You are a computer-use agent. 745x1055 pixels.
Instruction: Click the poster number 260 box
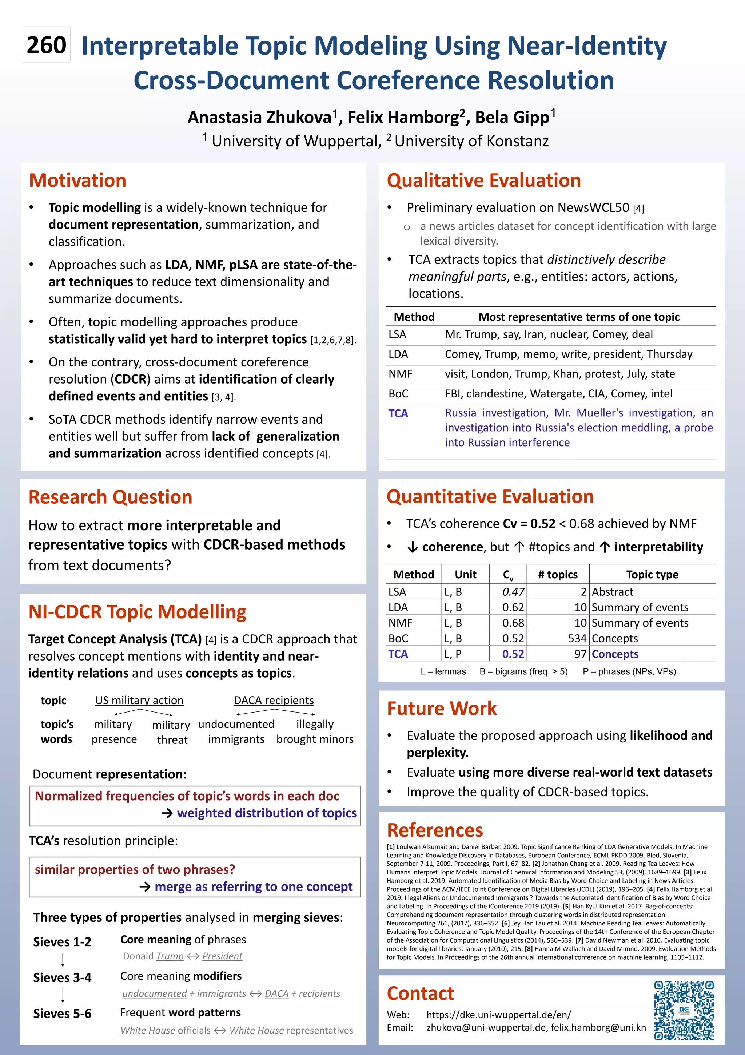coord(47,44)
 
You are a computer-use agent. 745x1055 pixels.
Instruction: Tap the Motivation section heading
coord(77,181)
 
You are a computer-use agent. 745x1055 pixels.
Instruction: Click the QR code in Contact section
coord(684,1010)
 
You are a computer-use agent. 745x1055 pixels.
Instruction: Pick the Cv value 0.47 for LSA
coord(513,592)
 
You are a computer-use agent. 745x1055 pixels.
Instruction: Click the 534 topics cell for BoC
coord(577,638)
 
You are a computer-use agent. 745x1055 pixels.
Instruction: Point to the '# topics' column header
coord(558,574)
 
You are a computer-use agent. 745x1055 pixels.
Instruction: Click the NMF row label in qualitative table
coord(400,374)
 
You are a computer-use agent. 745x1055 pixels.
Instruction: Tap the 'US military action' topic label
coord(139,700)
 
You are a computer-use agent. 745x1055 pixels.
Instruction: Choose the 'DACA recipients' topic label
coord(274,700)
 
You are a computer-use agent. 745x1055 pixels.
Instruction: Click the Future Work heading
coord(441,709)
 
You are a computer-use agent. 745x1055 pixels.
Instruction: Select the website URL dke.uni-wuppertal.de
coord(498,1015)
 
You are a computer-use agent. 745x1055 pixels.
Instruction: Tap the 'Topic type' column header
coord(652,574)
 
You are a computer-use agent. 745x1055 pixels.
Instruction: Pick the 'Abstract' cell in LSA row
coord(612,592)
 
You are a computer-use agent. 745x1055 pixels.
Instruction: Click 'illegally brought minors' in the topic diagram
coord(315,731)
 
